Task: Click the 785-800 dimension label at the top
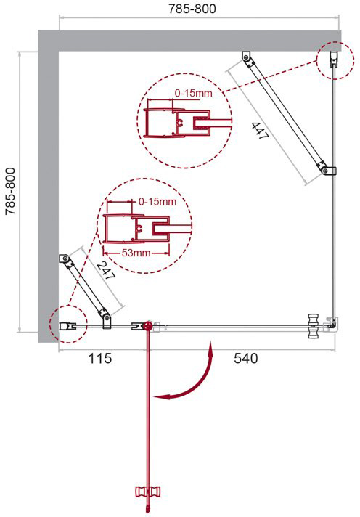(x=192, y=9)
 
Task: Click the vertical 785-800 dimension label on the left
(x=11, y=191)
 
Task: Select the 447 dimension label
(x=260, y=131)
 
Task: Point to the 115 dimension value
(x=100, y=358)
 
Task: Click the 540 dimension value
(x=245, y=358)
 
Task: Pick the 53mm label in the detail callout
(x=136, y=253)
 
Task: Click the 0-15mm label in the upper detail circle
(x=194, y=93)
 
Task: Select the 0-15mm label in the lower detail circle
(x=157, y=201)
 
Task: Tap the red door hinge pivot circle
(x=148, y=327)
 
